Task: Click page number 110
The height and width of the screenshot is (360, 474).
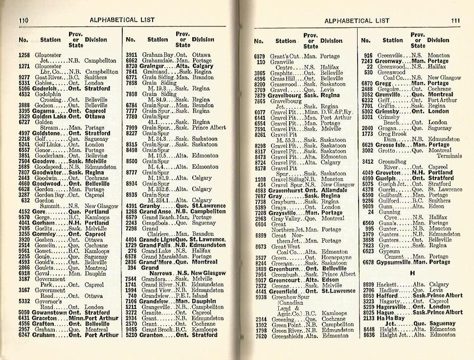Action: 23,21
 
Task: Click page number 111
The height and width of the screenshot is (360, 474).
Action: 455,21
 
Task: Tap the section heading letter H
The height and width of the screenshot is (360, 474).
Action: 412,273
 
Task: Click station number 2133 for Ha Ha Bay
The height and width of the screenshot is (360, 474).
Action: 368,317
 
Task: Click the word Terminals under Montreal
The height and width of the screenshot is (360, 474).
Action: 449,156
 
